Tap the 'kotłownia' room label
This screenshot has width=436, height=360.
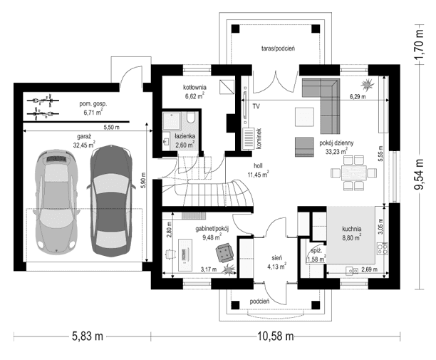(194, 87)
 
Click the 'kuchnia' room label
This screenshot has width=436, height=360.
(351, 229)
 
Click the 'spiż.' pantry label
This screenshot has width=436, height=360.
(316, 251)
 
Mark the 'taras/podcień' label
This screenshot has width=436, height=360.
(271, 47)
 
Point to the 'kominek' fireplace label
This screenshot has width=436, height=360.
(259, 138)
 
